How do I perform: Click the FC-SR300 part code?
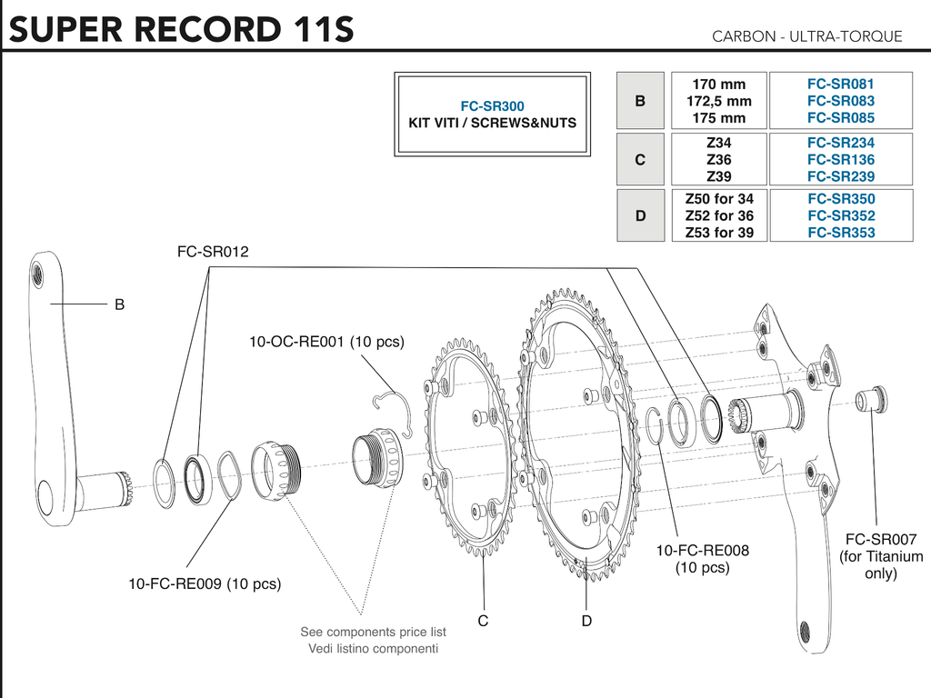pos(492,105)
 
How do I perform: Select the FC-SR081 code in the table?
pos(840,84)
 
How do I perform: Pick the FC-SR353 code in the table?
pos(840,233)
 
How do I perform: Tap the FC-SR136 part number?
pos(840,159)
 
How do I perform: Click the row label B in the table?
pos(640,101)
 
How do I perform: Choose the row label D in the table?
pos(640,215)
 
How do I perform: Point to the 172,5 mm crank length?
pos(718,101)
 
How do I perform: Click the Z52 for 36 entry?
pos(718,215)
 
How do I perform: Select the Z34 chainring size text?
pos(718,143)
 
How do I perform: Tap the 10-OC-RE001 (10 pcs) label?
pos(326,342)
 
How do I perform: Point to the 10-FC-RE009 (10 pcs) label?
pos(204,583)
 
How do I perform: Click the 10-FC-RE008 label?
pos(702,550)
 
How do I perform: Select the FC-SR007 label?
pos(881,538)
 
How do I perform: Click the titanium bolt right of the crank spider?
pos(872,399)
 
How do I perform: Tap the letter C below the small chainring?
pos(483,621)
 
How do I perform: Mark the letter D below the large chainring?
pos(586,621)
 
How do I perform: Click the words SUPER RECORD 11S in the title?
pos(181,29)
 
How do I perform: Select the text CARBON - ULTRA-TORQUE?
pos(806,36)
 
